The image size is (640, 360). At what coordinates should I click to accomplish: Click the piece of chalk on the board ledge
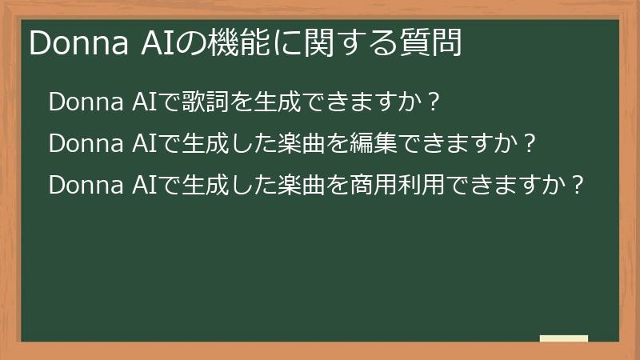pos(563,338)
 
